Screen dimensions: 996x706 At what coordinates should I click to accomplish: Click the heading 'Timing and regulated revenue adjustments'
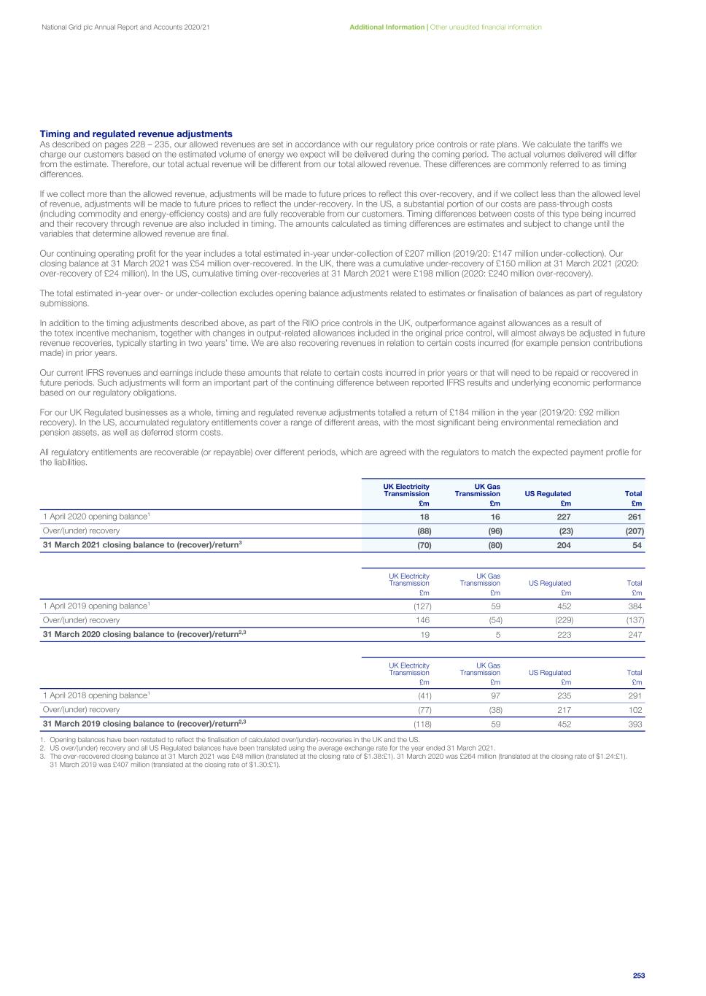point(136,134)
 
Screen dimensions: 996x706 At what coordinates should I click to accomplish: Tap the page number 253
point(639,976)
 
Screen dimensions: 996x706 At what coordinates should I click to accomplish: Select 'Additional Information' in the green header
point(387,27)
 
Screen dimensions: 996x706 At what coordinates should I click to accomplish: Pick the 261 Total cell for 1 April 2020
point(635,517)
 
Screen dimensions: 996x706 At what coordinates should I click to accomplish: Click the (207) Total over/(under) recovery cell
point(635,530)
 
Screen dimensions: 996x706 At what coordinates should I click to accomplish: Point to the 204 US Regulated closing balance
point(564,545)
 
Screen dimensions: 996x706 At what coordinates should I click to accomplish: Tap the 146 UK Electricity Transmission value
point(422,620)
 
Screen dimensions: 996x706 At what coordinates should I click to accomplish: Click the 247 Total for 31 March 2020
point(635,635)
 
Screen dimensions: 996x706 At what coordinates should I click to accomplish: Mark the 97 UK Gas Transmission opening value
point(495,695)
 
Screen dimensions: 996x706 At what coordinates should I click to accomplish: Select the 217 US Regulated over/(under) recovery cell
point(564,709)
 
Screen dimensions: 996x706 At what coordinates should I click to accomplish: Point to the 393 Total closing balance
point(635,724)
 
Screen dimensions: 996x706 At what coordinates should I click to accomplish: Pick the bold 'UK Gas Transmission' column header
point(478,490)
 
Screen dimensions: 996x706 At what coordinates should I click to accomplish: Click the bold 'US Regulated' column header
point(548,494)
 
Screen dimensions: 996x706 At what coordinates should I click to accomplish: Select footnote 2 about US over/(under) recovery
point(270,748)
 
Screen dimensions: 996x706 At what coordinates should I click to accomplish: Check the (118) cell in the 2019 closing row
point(422,724)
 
